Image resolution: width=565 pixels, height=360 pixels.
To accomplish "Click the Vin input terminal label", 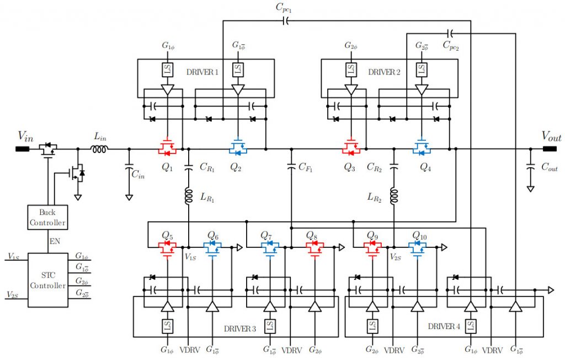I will point(25,136).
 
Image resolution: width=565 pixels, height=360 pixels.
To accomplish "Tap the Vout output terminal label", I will point(552,136).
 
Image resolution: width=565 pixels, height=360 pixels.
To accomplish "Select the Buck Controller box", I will point(47,218).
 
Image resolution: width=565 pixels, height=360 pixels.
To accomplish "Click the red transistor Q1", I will point(167,147).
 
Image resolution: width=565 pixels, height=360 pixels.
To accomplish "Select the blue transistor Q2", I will point(238,147).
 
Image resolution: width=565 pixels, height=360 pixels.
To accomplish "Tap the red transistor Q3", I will point(351,147).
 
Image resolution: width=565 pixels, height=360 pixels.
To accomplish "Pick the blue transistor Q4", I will point(422,147).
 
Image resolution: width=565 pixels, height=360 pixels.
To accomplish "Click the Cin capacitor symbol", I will point(129,166).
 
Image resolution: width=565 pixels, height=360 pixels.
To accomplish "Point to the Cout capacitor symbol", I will point(530,166).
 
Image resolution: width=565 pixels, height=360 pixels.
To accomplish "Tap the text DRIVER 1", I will point(202,72).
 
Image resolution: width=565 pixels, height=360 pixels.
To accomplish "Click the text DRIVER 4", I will point(444,326).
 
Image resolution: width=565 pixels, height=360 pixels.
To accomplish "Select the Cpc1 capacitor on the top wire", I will point(285,22).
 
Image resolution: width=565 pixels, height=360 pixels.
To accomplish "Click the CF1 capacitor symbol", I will point(291,166).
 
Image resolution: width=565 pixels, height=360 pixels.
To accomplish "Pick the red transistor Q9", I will point(371,247).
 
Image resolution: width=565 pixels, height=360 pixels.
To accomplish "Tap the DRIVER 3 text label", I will point(239,329).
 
